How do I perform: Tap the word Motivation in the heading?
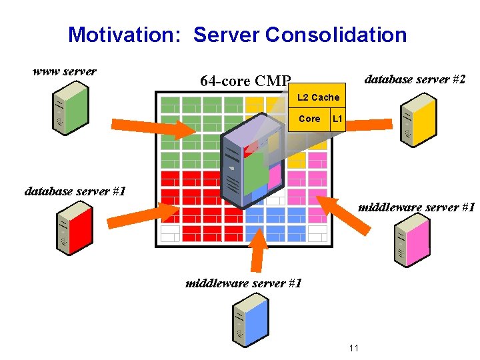[123, 35]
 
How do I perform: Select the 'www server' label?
[65, 71]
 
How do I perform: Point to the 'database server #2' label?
[414, 79]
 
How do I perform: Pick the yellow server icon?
[417, 121]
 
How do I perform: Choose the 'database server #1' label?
[75, 191]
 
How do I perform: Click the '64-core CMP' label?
[245, 81]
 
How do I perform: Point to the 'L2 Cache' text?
[318, 97]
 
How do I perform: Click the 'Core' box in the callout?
[309, 119]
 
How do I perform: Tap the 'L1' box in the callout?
[337, 119]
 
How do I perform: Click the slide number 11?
[353, 348]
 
